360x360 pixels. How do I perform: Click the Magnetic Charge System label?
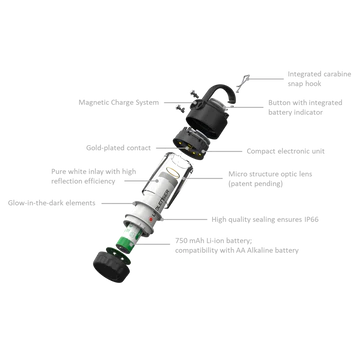pos(119,102)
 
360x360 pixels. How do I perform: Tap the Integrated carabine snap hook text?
pos(319,79)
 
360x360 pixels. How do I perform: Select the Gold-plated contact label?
pos(118,148)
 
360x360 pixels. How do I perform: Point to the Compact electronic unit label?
pos(285,151)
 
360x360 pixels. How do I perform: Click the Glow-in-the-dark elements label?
pos(52,203)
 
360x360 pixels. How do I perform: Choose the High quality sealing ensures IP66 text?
pos(265,220)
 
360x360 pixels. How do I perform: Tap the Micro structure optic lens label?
pos(270,179)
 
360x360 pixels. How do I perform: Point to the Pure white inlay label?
pos(94,176)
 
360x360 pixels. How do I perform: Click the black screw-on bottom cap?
pos(111,267)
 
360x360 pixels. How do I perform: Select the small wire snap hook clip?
pos(242,84)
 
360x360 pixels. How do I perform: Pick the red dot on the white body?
pos(151,219)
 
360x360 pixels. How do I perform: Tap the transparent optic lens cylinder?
pos(168,176)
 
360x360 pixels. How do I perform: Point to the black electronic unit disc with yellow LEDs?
pos(191,144)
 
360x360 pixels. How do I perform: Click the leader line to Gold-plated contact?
pos(166,148)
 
